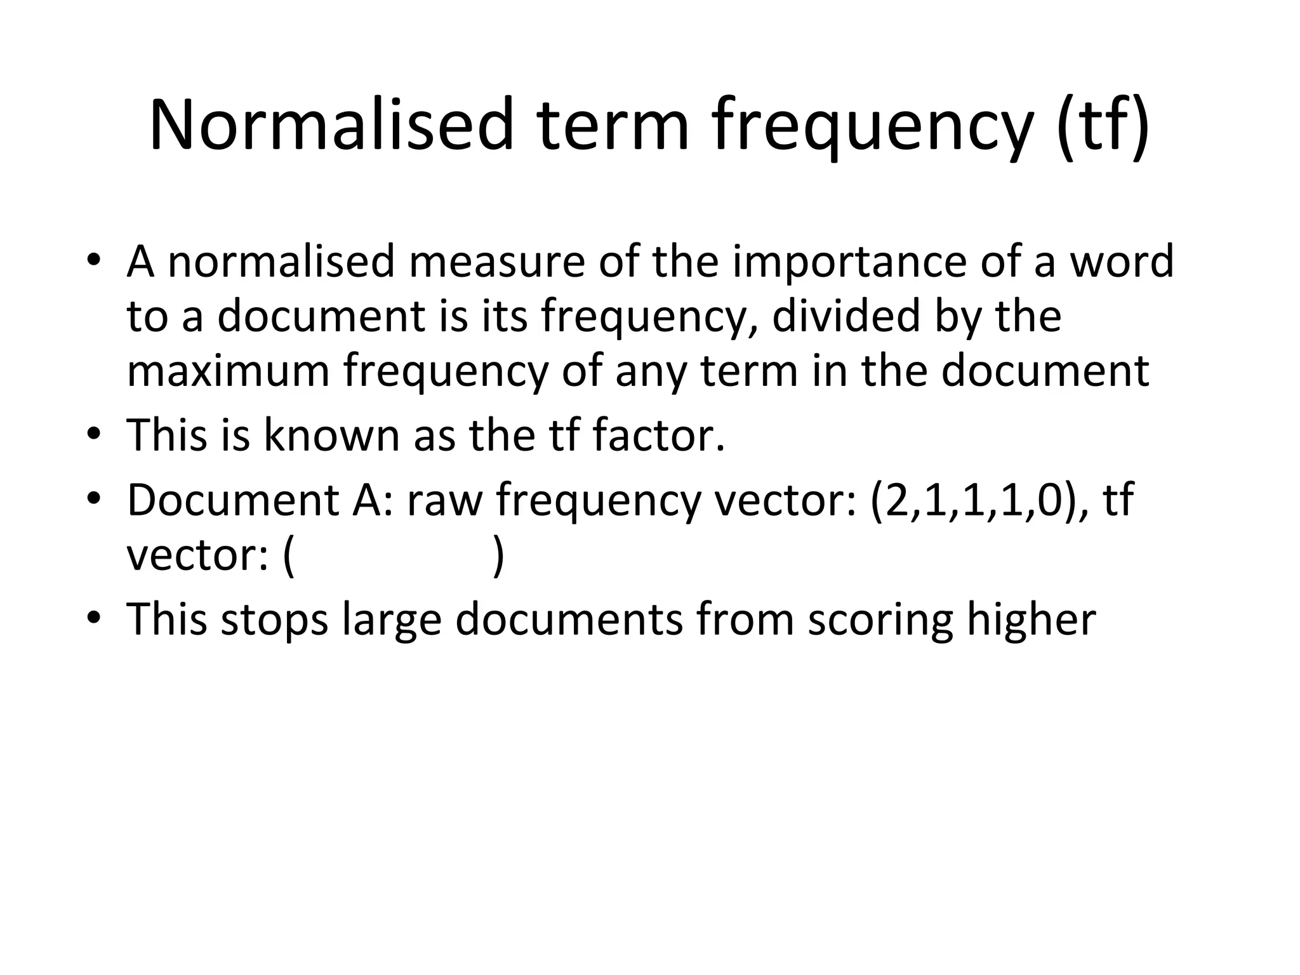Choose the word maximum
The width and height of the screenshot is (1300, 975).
pyautogui.click(x=228, y=371)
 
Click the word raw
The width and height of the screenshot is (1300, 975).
pyautogui.click(x=444, y=500)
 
